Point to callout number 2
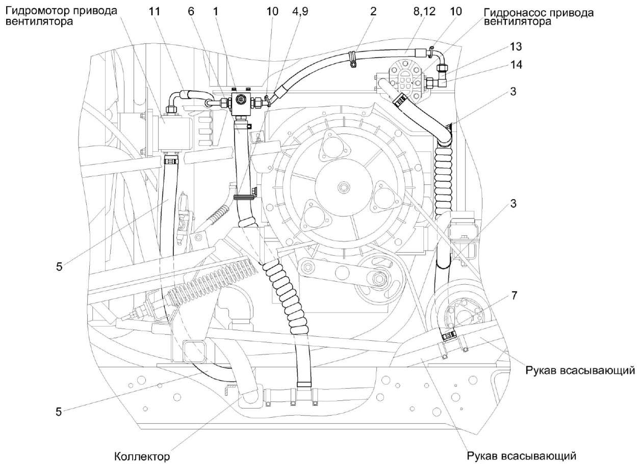pos(373,11)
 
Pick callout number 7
pos(514,295)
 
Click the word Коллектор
pos(142,456)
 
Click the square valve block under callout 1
pos(240,103)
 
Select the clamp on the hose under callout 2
pos(351,58)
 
